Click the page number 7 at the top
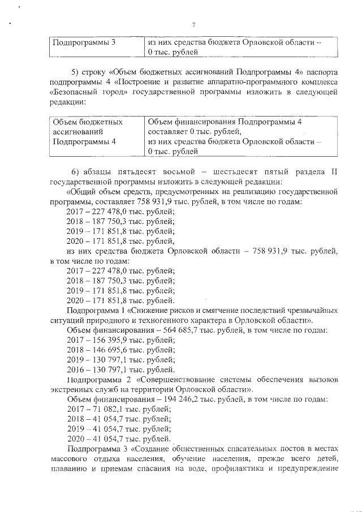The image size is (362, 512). pyautogui.click(x=194, y=25)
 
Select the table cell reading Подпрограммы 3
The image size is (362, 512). pyautogui.click(x=84, y=43)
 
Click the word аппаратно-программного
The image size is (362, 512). pyautogui.click(x=252, y=84)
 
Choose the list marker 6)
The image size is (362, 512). pyautogui.click(x=76, y=171)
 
